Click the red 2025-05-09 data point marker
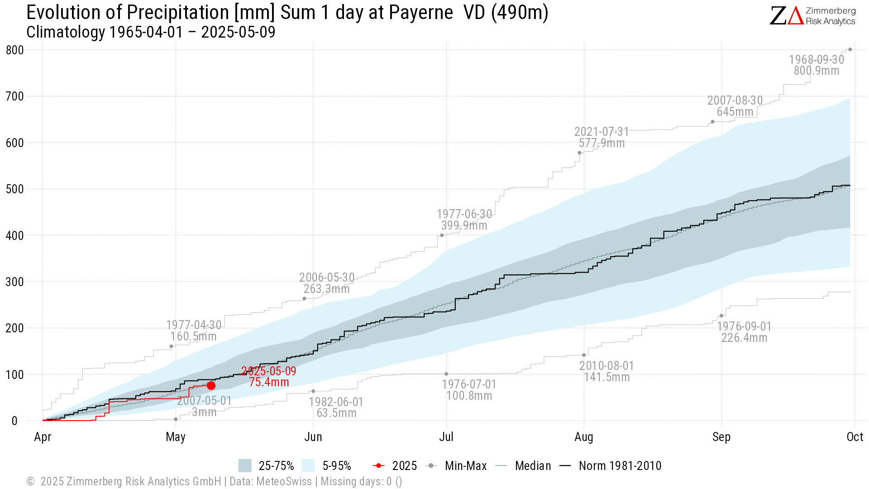pyautogui.click(x=211, y=385)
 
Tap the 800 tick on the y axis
pyautogui.click(x=14, y=50)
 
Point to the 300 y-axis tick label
pyautogui.click(x=14, y=282)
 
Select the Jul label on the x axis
pyautogui.click(x=446, y=437)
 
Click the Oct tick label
pyautogui.click(x=855, y=437)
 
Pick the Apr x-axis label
pyautogui.click(x=43, y=437)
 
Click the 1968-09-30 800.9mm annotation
pyautogui.click(x=816, y=65)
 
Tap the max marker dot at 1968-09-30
pyautogui.click(x=850, y=49)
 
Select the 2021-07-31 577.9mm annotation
pyautogui.click(x=602, y=137)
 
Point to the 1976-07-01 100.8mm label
pyautogui.click(x=469, y=390)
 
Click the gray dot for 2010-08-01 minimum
pyautogui.click(x=584, y=355)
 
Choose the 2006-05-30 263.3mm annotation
pyautogui.click(x=327, y=283)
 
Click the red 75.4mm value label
pyautogui.click(x=269, y=382)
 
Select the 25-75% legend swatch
pyautogui.click(x=244, y=465)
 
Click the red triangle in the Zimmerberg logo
pyautogui.click(x=796, y=16)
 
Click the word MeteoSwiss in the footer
pyautogui.click(x=284, y=481)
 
